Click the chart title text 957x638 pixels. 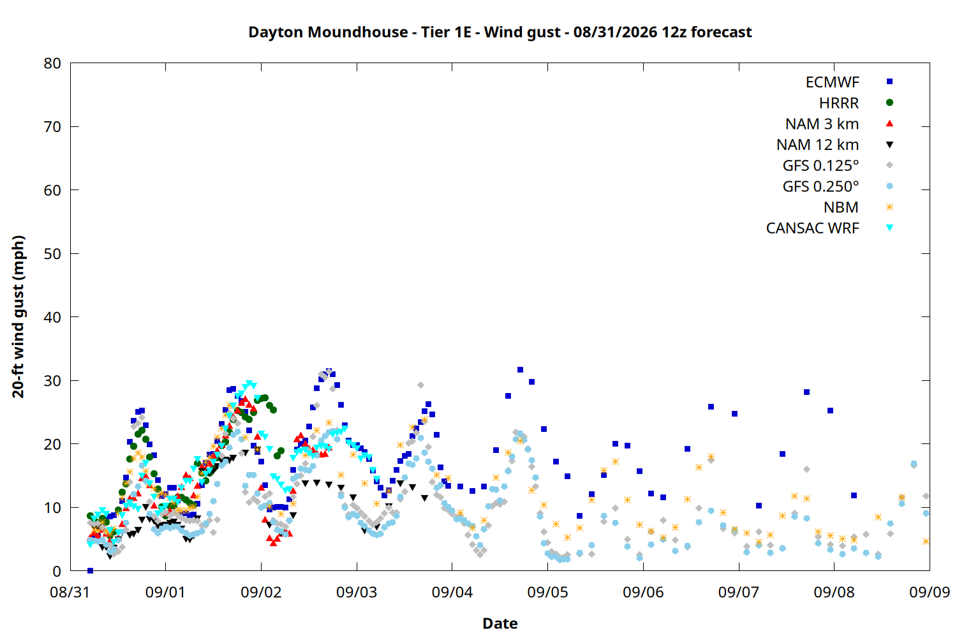[x=500, y=32]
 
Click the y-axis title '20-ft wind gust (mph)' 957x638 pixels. [x=18, y=316]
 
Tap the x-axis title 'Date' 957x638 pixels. [x=500, y=623]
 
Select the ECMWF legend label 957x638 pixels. [x=832, y=82]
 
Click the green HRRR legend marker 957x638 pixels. [x=889, y=103]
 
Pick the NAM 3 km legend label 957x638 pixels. [x=822, y=124]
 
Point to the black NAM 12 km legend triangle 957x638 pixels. [x=889, y=145]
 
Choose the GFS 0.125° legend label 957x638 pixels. [x=820, y=165]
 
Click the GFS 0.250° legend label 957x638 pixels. [x=820, y=186]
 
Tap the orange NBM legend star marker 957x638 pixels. [x=889, y=207]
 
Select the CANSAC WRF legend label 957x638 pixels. [x=813, y=228]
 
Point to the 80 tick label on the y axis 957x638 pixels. [x=52, y=63]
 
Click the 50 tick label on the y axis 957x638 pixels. [x=52, y=254]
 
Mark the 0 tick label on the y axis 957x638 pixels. [x=57, y=572]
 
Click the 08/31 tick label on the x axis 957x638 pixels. [x=70, y=592]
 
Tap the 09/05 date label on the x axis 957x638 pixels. [x=547, y=592]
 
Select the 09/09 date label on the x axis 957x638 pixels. [x=930, y=592]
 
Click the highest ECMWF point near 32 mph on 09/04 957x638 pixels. [x=520, y=369]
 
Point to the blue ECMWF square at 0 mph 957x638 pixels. [x=90, y=570]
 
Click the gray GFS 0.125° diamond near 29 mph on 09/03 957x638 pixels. [x=420, y=385]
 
